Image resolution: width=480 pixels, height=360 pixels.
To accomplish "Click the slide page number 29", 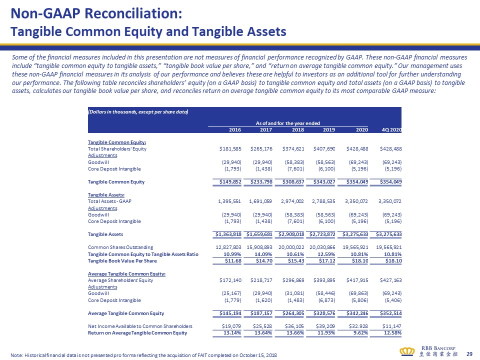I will [x=469, y=353].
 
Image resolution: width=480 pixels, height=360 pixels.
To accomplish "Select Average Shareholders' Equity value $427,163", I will [x=389, y=280].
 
